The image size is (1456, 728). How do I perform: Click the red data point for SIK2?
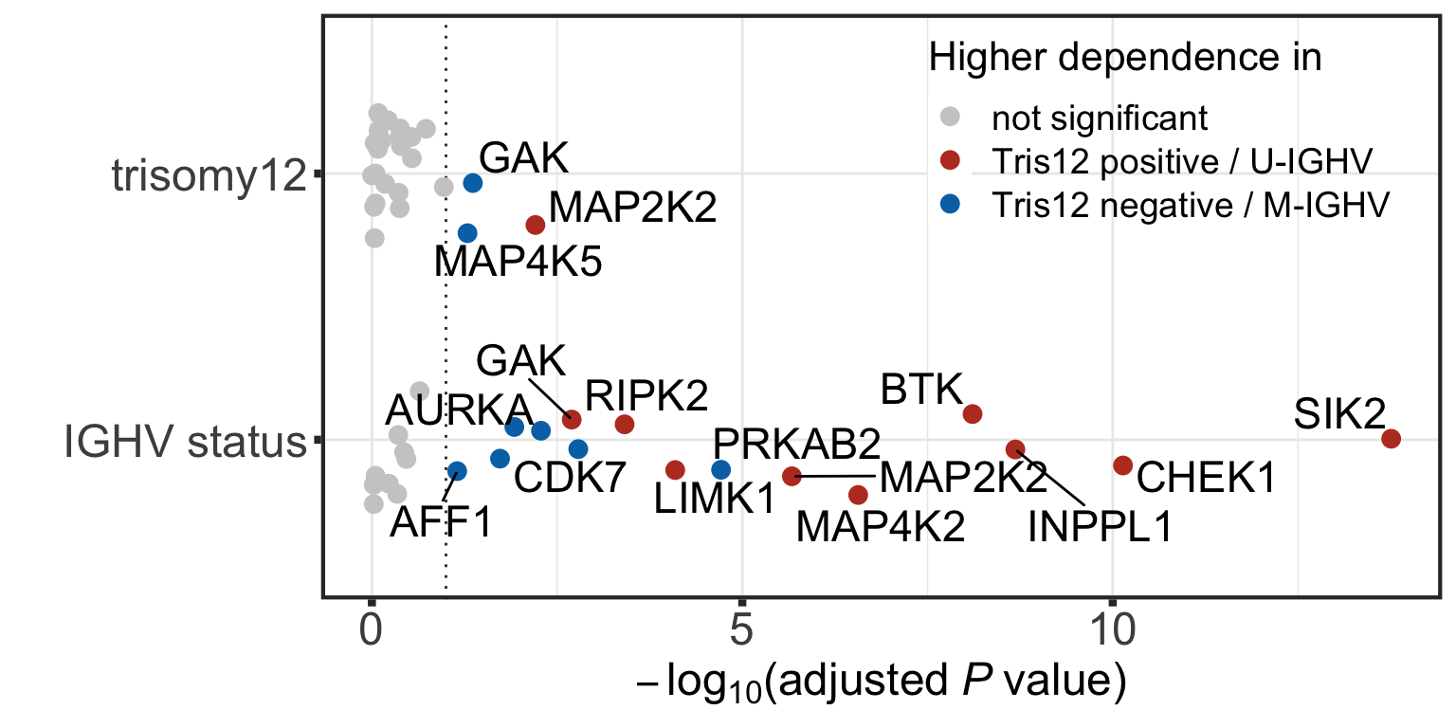click(1391, 438)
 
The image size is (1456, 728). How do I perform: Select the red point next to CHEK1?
click(1123, 464)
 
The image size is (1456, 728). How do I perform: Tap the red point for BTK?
click(972, 413)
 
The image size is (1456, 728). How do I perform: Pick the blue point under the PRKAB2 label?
click(720, 469)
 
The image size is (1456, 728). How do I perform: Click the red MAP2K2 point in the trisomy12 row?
click(535, 225)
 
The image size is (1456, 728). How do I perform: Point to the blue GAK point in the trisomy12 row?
click(472, 182)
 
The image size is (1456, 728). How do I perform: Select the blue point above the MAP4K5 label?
click(467, 233)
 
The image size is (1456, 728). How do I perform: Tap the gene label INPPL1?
click(1100, 527)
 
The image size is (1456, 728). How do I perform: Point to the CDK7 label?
click(570, 479)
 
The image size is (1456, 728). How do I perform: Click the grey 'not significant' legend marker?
click(949, 118)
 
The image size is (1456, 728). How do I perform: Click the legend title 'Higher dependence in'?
click(1124, 58)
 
